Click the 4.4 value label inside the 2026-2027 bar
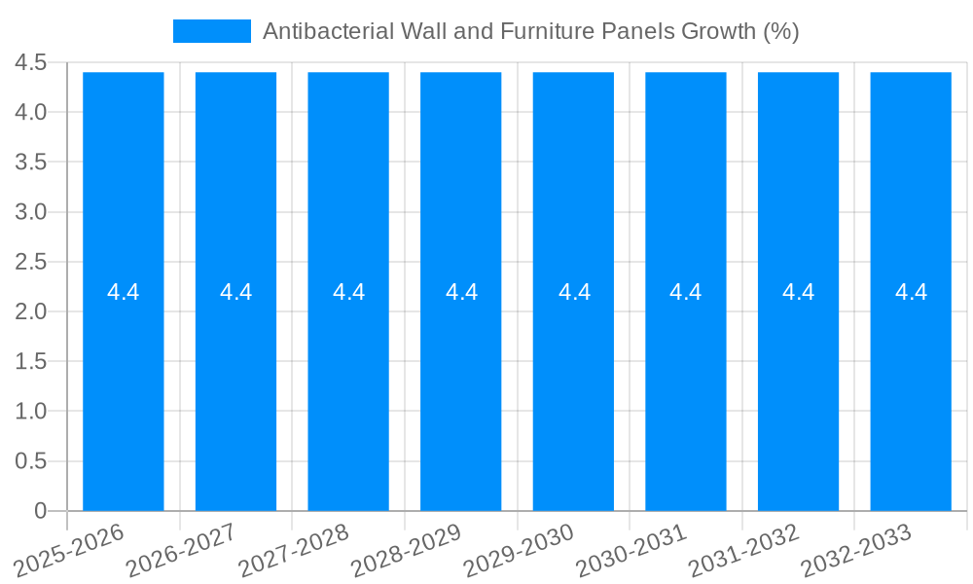(x=235, y=292)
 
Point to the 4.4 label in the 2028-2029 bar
(x=461, y=292)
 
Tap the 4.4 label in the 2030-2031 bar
(x=686, y=292)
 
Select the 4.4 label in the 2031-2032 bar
(x=799, y=292)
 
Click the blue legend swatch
(x=211, y=31)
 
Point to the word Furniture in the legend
(x=546, y=31)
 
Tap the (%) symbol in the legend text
(x=780, y=31)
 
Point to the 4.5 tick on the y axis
(x=31, y=62)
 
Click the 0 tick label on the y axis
(x=40, y=511)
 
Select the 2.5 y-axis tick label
(x=31, y=262)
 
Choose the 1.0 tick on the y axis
(x=31, y=412)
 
